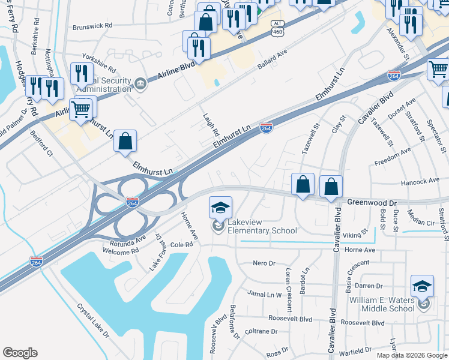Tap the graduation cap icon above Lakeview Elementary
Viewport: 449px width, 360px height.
tap(220, 208)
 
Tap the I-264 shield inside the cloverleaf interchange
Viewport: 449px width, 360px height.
tap(133, 202)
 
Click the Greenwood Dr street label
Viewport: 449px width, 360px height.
tap(372, 203)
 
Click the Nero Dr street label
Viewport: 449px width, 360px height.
tap(264, 263)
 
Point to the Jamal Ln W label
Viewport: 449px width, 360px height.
tap(265, 294)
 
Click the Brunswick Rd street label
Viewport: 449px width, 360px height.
tap(92, 26)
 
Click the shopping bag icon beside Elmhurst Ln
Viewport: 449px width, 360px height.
tap(125, 142)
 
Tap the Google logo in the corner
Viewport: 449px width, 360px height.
tap(20, 352)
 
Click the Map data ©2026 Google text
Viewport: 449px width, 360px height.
tap(411, 355)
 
